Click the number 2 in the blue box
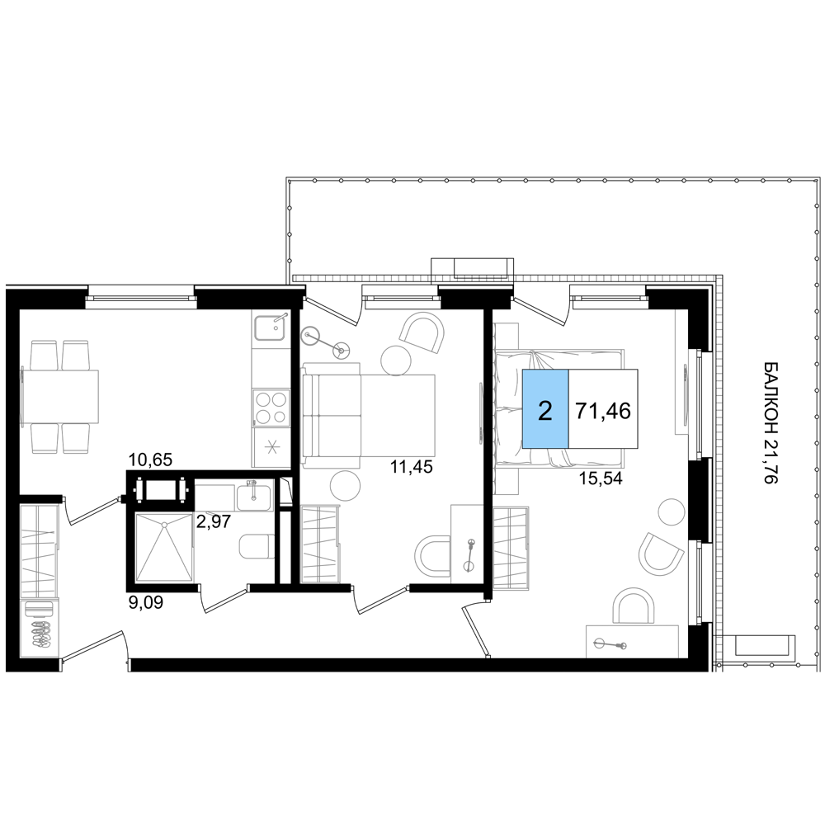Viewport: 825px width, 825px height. [544, 410]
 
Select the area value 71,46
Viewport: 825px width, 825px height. [603, 410]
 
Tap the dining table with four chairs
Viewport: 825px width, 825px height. [59, 397]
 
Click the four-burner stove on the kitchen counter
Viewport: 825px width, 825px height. [271, 407]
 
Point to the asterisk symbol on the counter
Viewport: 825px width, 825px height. [271, 448]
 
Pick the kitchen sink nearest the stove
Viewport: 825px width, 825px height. [270, 328]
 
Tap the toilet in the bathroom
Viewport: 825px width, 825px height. [257, 545]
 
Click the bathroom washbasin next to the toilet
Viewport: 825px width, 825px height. [252, 497]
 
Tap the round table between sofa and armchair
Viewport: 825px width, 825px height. [395, 360]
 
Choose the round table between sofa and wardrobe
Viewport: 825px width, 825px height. [345, 486]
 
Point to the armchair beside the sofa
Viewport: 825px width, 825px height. [424, 332]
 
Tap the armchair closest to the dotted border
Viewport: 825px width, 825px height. [661, 552]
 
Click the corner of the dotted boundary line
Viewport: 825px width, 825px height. [719, 278]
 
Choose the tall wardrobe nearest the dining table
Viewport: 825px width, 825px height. [40, 580]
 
